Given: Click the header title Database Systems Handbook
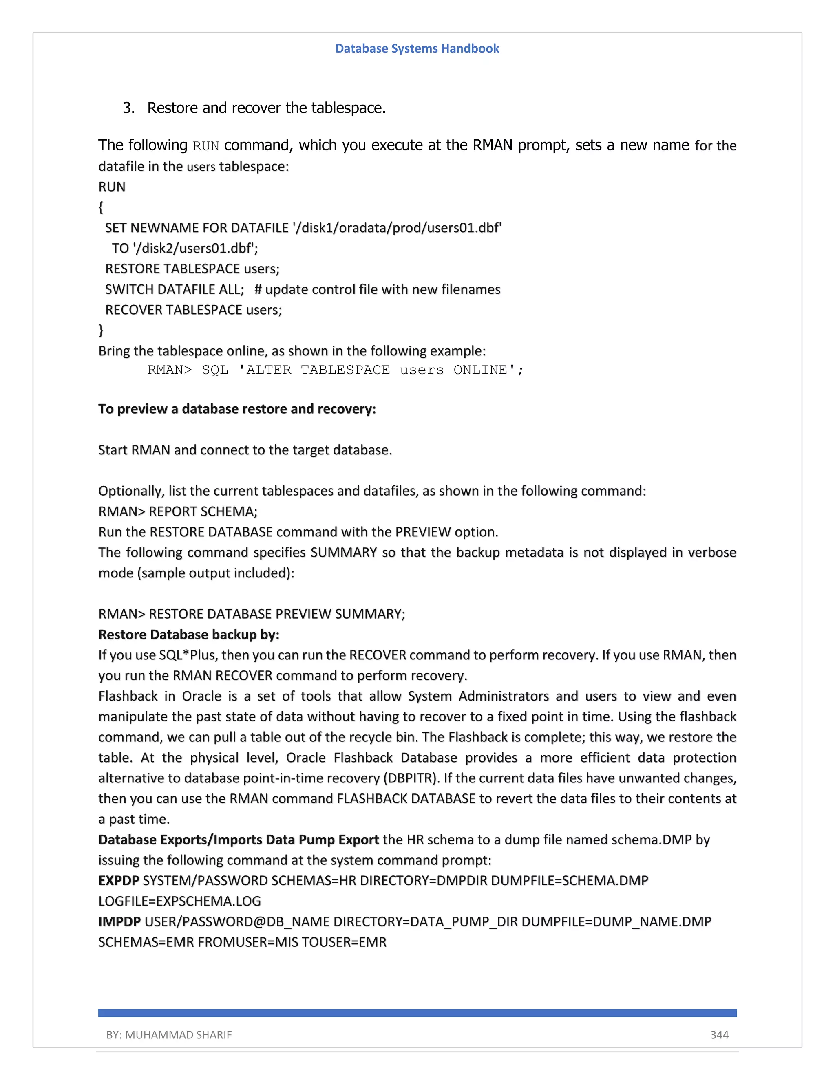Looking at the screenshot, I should coord(417,48).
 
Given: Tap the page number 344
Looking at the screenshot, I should coord(719,1034).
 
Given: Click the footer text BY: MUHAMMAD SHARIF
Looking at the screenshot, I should coord(169,1034).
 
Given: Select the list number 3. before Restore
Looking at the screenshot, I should coord(128,108).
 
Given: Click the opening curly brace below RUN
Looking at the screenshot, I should coord(101,207).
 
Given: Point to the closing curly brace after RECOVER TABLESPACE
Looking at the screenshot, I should coord(101,330).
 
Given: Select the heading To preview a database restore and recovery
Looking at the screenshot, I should coord(237,409).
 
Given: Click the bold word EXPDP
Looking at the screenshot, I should coord(119,881).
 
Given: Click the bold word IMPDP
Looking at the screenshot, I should coord(119,922).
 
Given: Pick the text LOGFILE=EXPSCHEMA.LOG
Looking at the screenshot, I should coord(179,901).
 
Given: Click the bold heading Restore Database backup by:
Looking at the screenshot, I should coord(188,635).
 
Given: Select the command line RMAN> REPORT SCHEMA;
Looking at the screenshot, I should coord(178,511).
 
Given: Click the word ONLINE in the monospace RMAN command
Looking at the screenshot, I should coord(480,370).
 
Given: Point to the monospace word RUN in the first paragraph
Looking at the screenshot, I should coord(206,146).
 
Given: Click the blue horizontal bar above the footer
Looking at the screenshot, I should coord(417,1013).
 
